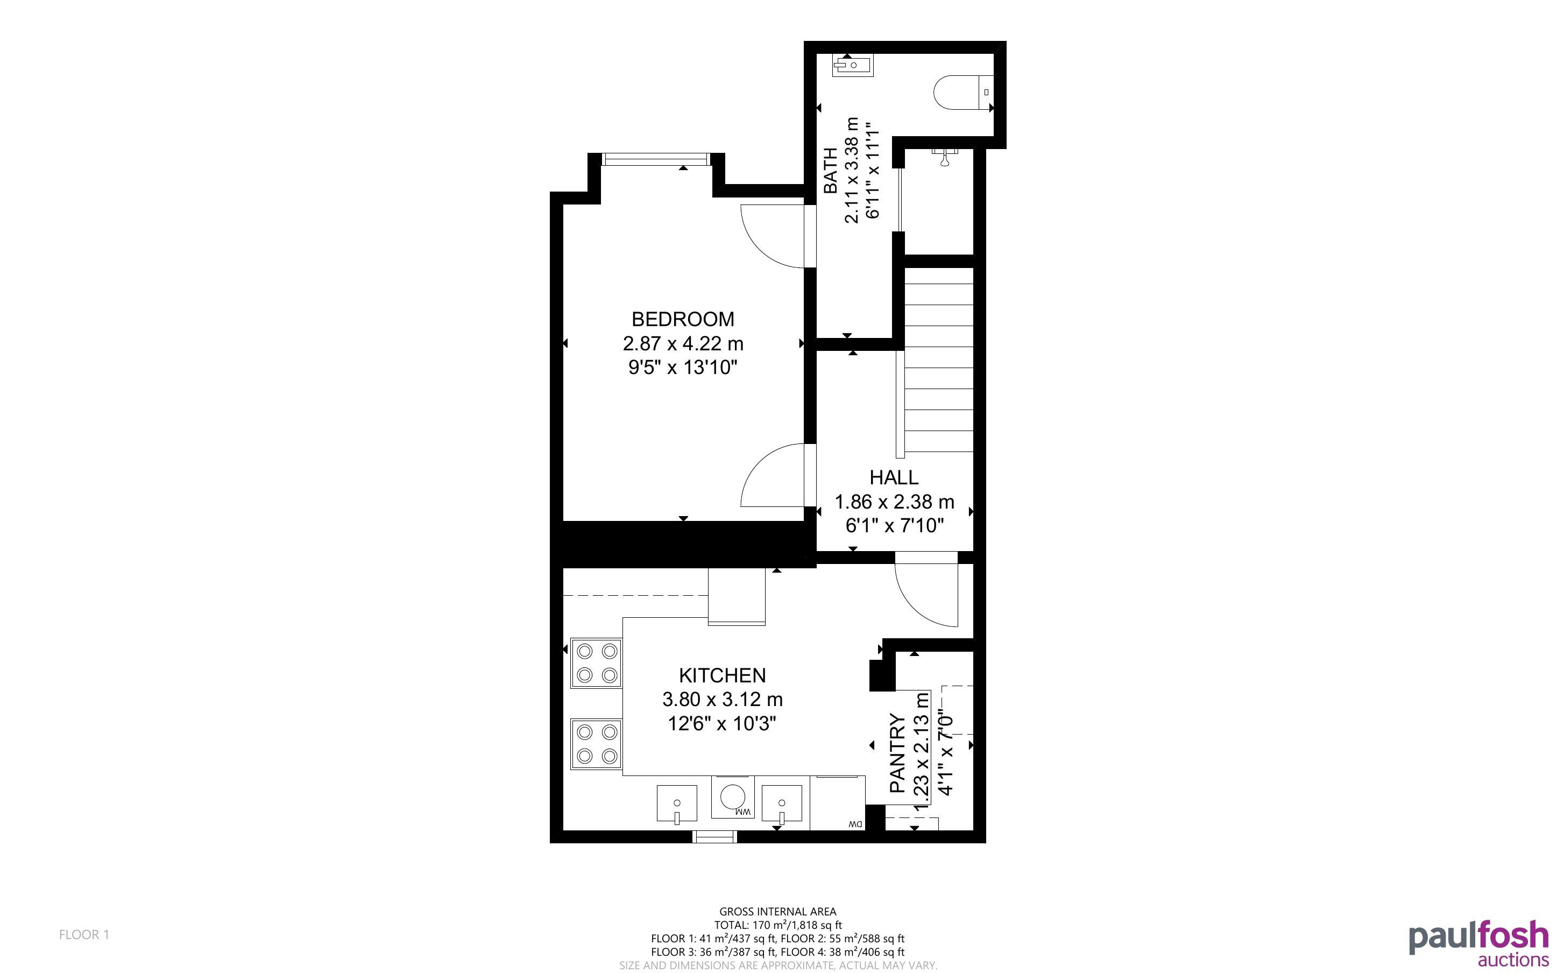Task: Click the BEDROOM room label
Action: point(682,319)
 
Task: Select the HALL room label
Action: point(894,477)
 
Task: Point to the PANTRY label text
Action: point(897,753)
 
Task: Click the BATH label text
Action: point(831,171)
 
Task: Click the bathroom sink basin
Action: point(853,66)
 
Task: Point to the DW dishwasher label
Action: point(855,824)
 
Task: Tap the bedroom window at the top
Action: point(656,159)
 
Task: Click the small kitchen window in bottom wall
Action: point(714,836)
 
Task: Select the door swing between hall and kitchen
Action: point(926,595)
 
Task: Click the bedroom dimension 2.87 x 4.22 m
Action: point(683,344)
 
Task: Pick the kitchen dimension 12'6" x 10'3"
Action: point(722,723)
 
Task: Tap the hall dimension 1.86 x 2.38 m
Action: point(894,502)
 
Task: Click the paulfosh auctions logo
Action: point(1478,943)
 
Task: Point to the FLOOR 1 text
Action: point(84,934)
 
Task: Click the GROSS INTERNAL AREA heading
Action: point(777,911)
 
